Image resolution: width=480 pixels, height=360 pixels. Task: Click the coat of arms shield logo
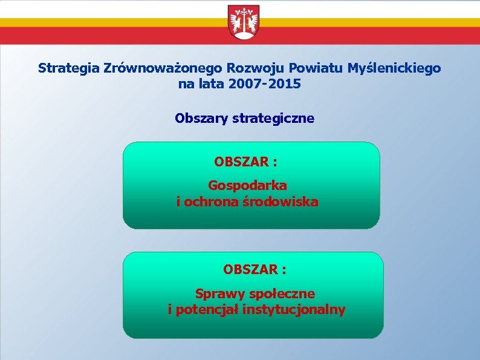(x=244, y=23)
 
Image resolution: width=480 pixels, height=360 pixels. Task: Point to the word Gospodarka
(x=247, y=185)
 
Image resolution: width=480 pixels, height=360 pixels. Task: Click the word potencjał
(x=206, y=310)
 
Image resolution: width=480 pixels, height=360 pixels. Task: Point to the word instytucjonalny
(x=294, y=310)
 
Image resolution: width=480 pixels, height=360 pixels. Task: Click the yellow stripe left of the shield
(x=109, y=22)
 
